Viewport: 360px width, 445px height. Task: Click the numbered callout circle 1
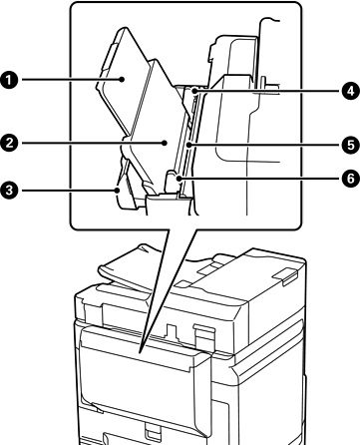click(9, 80)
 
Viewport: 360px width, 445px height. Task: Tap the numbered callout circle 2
click(9, 144)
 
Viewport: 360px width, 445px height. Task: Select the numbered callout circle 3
click(9, 191)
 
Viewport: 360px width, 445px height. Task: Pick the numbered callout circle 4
click(351, 91)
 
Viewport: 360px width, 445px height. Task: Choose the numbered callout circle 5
click(351, 145)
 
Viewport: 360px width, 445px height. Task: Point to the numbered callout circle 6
click(351, 179)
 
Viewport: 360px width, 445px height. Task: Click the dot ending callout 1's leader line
click(122, 80)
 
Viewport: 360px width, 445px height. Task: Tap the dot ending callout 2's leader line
click(165, 144)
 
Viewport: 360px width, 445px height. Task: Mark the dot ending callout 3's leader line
click(118, 191)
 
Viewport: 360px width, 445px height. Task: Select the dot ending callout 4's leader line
click(194, 90)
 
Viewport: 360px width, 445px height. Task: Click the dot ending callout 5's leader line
click(189, 145)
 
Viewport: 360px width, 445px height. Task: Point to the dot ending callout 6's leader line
click(180, 179)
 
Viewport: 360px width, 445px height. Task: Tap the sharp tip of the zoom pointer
click(141, 353)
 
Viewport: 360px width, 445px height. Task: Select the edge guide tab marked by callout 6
click(173, 182)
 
